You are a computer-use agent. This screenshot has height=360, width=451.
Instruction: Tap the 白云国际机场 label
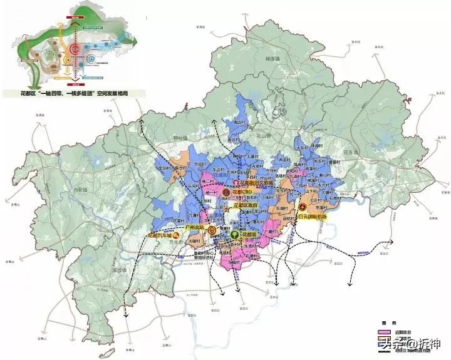(314, 216)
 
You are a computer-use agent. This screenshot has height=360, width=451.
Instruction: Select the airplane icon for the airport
(303, 207)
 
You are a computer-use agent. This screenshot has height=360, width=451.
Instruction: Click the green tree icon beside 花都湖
(234, 234)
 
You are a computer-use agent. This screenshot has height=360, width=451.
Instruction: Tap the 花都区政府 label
(246, 205)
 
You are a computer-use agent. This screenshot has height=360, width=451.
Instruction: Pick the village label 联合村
(180, 168)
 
